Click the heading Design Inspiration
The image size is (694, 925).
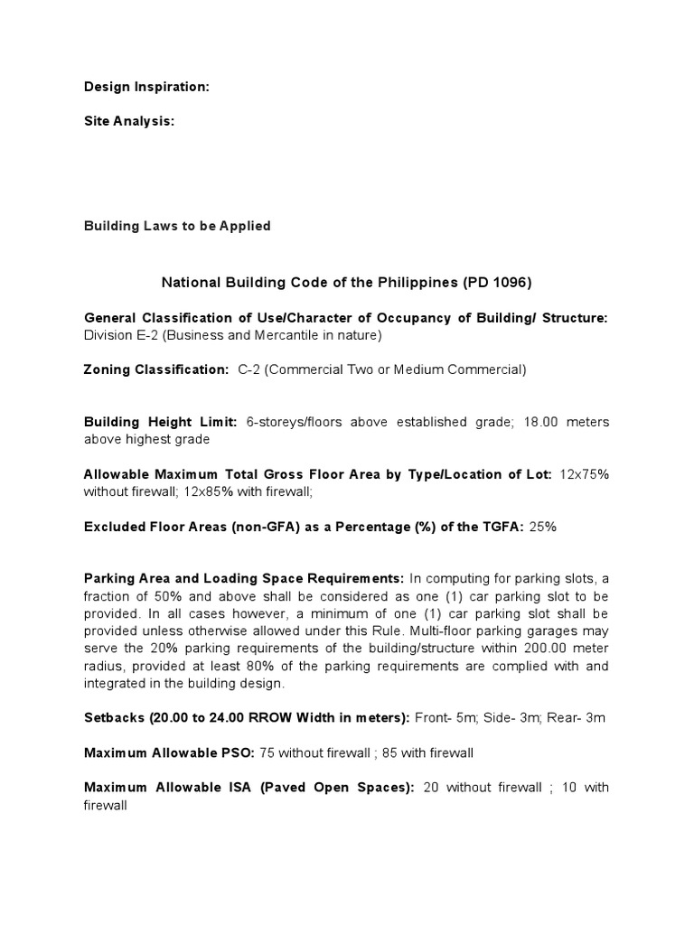[146, 87]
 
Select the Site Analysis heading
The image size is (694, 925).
[128, 121]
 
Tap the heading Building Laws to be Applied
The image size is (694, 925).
[177, 226]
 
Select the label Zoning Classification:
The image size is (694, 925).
[156, 369]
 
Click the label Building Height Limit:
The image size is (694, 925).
[160, 422]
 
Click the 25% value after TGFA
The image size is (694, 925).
[542, 527]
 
